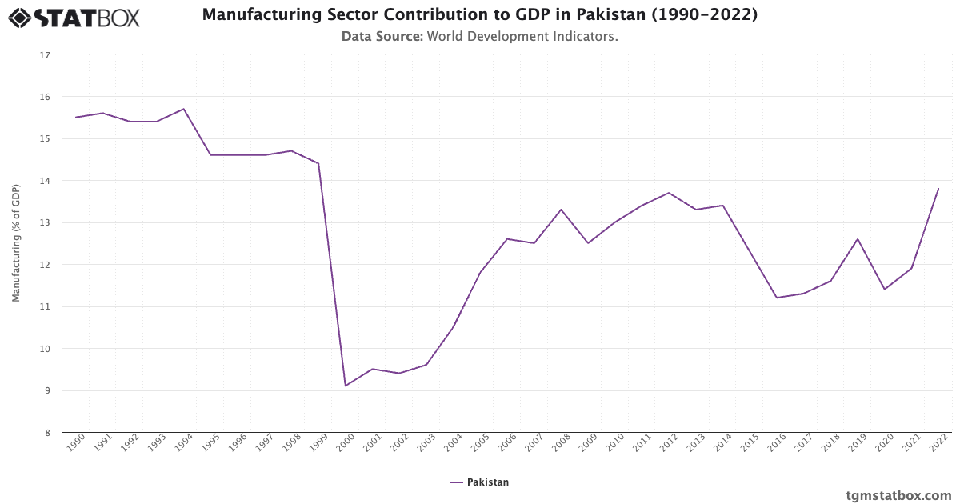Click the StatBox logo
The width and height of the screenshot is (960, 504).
(x=74, y=17)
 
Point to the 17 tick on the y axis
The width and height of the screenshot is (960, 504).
(x=45, y=55)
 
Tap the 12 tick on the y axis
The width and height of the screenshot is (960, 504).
(x=45, y=265)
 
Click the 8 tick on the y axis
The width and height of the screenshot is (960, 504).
(x=46, y=433)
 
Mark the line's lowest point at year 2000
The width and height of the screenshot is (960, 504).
(x=346, y=386)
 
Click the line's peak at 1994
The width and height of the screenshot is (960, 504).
(x=184, y=109)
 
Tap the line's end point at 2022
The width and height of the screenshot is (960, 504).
(x=938, y=189)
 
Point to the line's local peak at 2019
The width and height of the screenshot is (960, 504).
(x=858, y=238)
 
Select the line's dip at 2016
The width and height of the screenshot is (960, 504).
(x=777, y=298)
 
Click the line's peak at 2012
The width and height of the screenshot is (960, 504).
(x=669, y=193)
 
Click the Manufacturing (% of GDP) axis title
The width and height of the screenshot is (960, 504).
(x=16, y=243)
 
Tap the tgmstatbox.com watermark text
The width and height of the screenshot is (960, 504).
(x=899, y=495)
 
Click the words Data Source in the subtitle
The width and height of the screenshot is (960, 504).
(x=382, y=36)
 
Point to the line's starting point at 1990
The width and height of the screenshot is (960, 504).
(x=76, y=118)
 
